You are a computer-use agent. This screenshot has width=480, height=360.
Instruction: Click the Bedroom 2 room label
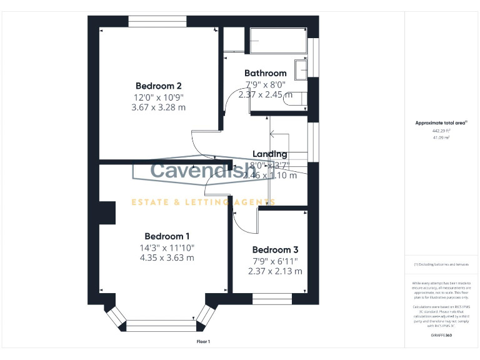coord(159,86)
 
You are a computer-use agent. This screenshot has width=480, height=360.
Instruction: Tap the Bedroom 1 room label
coord(167,236)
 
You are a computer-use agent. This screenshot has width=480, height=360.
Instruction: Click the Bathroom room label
coord(265,73)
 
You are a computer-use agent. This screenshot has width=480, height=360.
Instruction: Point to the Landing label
coord(269,154)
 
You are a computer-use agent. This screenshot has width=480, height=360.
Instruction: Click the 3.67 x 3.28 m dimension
coord(159,107)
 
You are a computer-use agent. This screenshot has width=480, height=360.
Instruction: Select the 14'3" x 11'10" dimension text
coord(167,247)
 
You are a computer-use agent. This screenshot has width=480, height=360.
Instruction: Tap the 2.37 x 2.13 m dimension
coord(275,271)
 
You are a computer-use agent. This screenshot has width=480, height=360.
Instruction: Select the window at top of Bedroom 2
coord(157,21)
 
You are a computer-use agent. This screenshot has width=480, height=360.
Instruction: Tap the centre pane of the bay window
coord(161,325)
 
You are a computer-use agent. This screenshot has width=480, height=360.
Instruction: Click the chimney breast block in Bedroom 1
coord(107,212)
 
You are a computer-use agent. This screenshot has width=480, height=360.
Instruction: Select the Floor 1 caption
coord(204,342)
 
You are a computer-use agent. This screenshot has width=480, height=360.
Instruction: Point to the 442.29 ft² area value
coord(441,131)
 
